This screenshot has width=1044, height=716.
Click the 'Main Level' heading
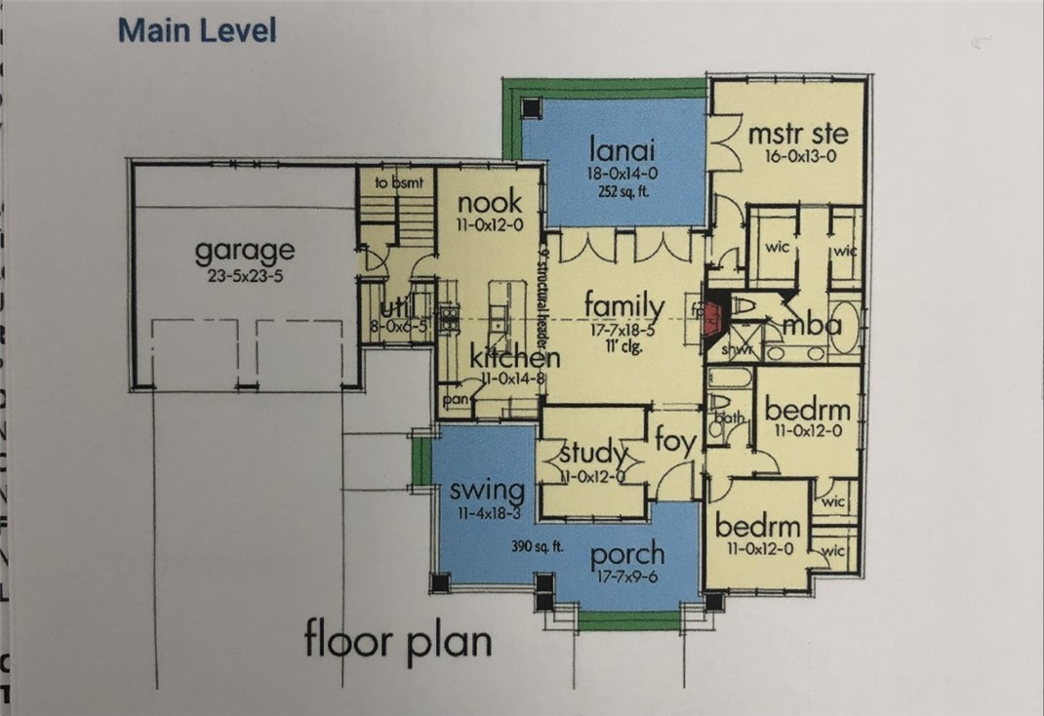coord(197,30)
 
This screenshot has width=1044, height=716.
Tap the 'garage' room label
coord(244,251)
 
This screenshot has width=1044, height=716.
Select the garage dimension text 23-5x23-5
coord(244,275)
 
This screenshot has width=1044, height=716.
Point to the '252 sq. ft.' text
coord(622,191)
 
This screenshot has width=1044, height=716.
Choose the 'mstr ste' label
coord(797,133)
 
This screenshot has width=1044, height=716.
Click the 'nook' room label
coord(490,203)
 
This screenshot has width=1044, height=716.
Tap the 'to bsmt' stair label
coord(395,182)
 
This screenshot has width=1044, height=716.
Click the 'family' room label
coord(624,307)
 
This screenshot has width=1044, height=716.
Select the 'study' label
coord(592,453)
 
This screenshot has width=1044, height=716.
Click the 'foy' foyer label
coord(675,442)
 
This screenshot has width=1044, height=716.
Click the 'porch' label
coord(627,554)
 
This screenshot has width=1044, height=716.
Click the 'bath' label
coord(729,418)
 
